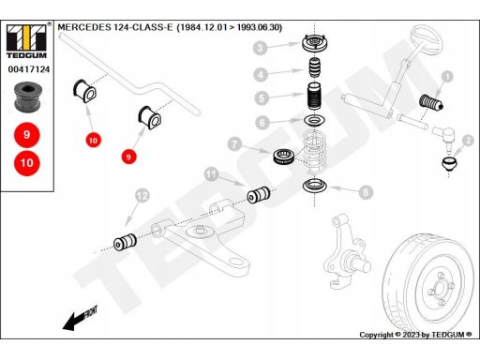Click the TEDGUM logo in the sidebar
pyautogui.click(x=26, y=41)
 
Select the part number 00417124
pyautogui.click(x=29, y=69)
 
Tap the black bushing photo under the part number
pyautogui.click(x=28, y=97)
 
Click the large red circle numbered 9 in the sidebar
pyautogui.click(x=27, y=135)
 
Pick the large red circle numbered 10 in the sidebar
pyautogui.click(x=27, y=163)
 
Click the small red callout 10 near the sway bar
pyautogui.click(x=93, y=140)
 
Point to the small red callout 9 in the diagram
pyautogui.click(x=128, y=157)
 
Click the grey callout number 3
pyautogui.click(x=260, y=48)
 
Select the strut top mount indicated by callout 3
pyautogui.click(x=315, y=44)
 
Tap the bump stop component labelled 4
pyautogui.click(x=315, y=67)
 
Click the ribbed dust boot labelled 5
pyautogui.click(x=315, y=96)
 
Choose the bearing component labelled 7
pyautogui.click(x=284, y=157)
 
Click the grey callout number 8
pyautogui.click(x=366, y=192)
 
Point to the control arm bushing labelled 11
pyautogui.click(x=259, y=195)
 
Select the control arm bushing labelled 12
pyautogui.click(x=125, y=242)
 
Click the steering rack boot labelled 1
pyautogui.click(x=431, y=102)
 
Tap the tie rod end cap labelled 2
pyautogui.click(x=449, y=164)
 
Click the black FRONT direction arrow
pyautogui.click(x=80, y=318)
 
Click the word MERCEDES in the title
pyautogui.click(x=84, y=27)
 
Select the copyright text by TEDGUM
pyautogui.click(x=415, y=335)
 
